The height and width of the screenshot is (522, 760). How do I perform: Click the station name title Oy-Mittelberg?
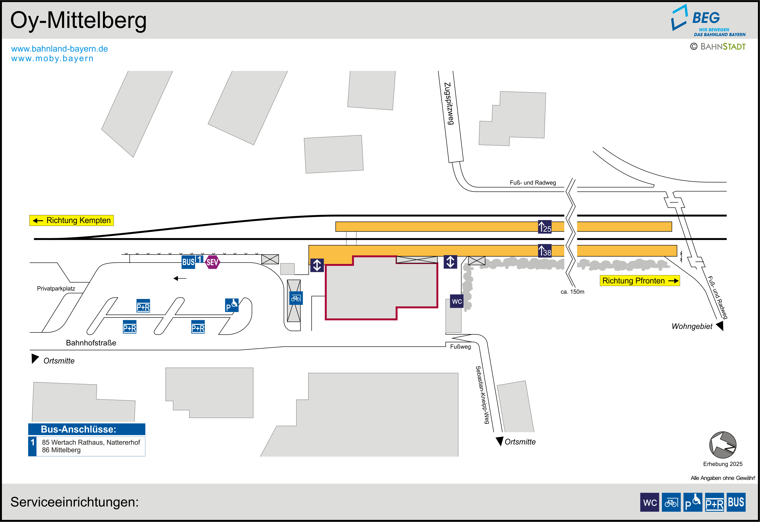78,20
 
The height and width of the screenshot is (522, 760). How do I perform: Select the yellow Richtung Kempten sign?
72,221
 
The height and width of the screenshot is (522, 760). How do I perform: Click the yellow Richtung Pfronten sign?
639,281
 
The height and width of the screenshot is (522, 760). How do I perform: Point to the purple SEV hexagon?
212,262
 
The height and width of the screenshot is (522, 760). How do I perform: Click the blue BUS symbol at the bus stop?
188,262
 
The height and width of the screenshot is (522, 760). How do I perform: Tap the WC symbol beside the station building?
457,301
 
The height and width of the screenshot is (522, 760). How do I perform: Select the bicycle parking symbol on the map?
296,298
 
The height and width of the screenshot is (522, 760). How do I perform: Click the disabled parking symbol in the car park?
232,305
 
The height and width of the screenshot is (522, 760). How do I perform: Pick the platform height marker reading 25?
544,227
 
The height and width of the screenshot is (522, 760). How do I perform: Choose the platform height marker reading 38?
544,251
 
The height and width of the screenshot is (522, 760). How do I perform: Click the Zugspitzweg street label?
449,103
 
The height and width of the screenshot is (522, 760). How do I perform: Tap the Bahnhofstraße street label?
91,343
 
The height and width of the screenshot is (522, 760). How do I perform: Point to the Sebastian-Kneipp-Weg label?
482,395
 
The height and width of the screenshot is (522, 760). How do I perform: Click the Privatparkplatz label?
56,288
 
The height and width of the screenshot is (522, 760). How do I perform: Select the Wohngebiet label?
692,326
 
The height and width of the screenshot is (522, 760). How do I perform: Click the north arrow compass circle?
722,445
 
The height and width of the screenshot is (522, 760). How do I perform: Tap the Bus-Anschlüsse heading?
78,429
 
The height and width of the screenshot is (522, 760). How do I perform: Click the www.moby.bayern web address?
52,59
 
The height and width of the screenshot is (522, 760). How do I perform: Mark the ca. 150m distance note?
572,292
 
